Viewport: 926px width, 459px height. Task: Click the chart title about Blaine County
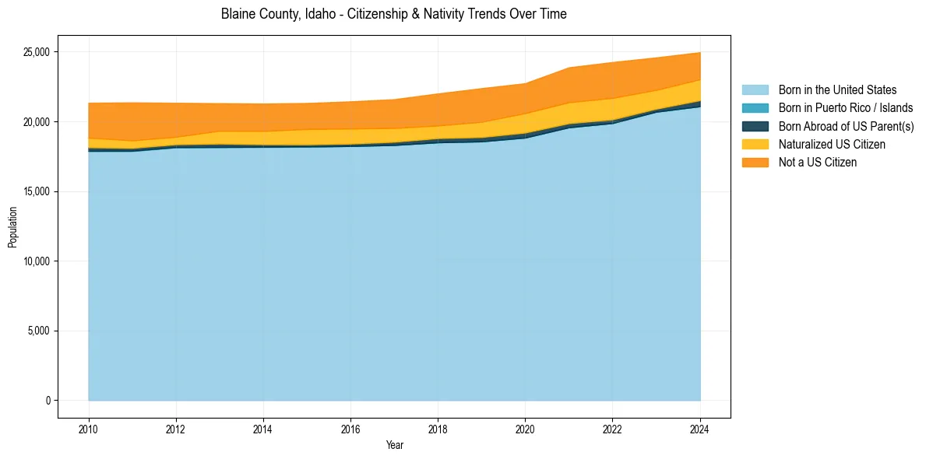pyautogui.click(x=393, y=14)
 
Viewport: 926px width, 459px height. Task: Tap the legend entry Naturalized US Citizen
pyautogui.click(x=832, y=144)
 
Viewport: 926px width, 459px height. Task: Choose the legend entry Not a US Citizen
pyautogui.click(x=818, y=163)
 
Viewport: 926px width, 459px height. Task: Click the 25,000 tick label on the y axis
pyautogui.click(x=36, y=52)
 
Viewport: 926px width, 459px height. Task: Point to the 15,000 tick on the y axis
pyautogui.click(x=36, y=191)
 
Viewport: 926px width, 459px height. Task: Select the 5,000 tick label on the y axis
pyautogui.click(x=38, y=331)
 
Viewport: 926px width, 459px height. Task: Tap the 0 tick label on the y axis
pyautogui.click(x=48, y=401)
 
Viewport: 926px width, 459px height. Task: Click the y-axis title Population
pyautogui.click(x=12, y=226)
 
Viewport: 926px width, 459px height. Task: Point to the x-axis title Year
pyautogui.click(x=394, y=445)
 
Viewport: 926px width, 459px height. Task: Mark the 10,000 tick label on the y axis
pyautogui.click(x=36, y=261)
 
